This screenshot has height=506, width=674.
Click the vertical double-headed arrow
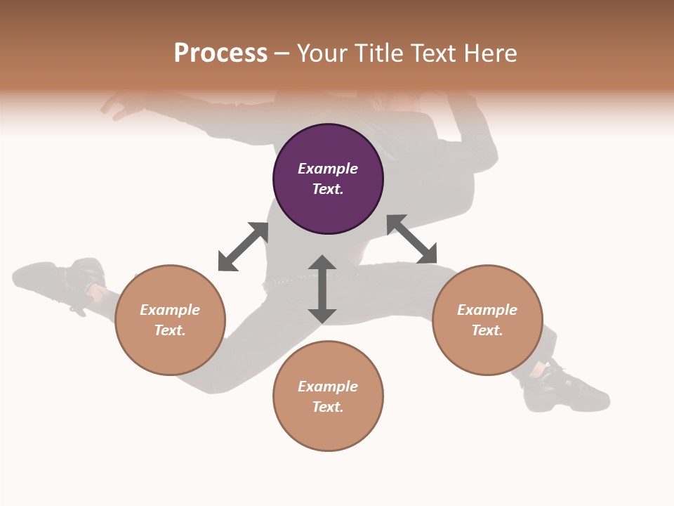(x=322, y=290)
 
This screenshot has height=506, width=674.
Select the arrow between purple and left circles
(x=243, y=247)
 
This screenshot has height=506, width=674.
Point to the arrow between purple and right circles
(x=411, y=240)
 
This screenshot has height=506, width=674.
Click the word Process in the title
(x=220, y=53)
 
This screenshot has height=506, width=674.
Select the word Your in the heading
(x=322, y=53)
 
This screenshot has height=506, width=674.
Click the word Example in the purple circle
(x=328, y=169)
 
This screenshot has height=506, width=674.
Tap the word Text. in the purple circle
(x=328, y=189)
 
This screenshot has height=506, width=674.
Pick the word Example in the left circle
(x=170, y=310)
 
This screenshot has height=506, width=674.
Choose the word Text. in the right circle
(x=487, y=330)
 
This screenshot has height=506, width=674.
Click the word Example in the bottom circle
(x=328, y=387)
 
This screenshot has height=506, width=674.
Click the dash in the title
(x=282, y=53)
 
